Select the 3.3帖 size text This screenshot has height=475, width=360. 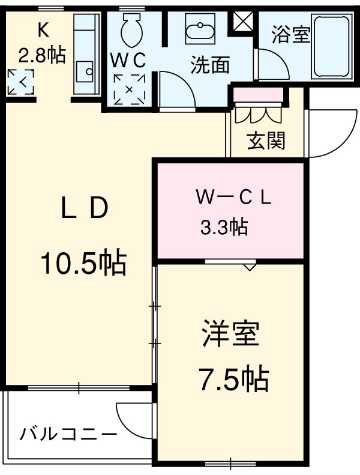[x=223, y=227]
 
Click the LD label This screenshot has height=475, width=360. [x=83, y=208]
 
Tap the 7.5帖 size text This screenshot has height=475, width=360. [x=233, y=378]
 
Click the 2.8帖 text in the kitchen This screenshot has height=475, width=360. [x=41, y=55]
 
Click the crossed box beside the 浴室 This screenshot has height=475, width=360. [x=243, y=22]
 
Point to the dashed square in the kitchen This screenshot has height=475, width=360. [x=20, y=82]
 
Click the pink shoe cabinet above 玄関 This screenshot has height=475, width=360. [x=257, y=95]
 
